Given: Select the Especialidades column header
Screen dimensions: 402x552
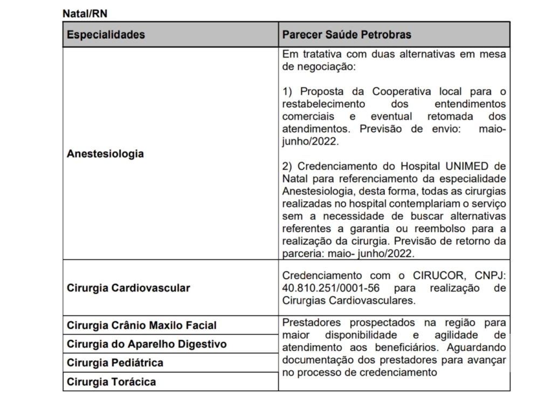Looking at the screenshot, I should [106, 34].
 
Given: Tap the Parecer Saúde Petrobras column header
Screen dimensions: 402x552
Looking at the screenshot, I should [347, 34].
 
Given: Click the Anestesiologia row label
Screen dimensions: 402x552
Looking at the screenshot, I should [105, 153].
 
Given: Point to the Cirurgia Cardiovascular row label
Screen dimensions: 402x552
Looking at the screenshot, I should [128, 288].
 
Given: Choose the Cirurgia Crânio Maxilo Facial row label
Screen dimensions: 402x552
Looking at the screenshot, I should [141, 325].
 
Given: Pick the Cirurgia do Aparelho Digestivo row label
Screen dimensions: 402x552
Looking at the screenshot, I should [147, 344].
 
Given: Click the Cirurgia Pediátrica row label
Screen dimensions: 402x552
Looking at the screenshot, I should [115, 363].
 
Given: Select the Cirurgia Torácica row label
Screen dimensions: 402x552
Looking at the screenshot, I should [111, 382].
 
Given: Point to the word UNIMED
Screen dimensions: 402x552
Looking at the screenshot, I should [467, 165].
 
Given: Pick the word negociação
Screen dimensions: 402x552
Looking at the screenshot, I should [326, 67].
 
